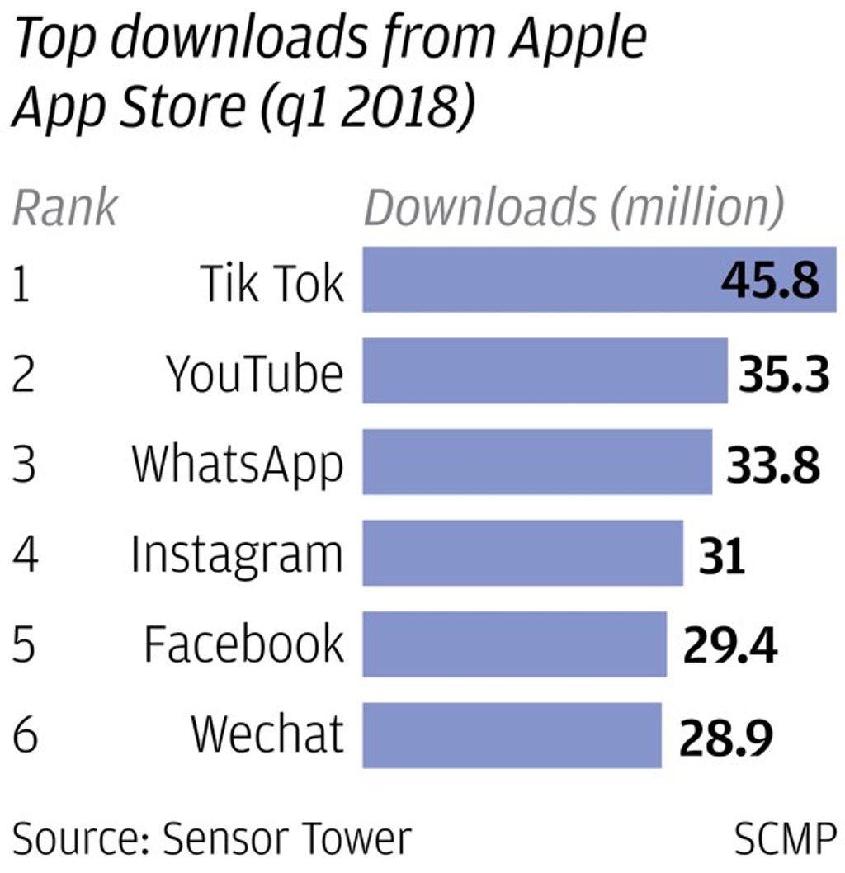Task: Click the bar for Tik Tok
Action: pyautogui.click(x=536, y=279)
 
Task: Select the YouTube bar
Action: pyautogui.click(x=545, y=370)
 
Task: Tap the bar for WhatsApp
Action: pyautogui.click(x=536, y=461)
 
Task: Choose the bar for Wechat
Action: pyautogui.click(x=512, y=735)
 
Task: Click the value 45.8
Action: pyautogui.click(x=770, y=281)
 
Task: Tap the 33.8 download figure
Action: pyautogui.click(x=773, y=465)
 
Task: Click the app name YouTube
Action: pyautogui.click(x=255, y=373)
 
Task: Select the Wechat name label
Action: pyautogui.click(x=267, y=733)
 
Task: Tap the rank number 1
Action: pyautogui.click(x=21, y=285)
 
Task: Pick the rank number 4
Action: pyautogui.click(x=24, y=555)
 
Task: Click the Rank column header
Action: pyautogui.click(x=65, y=208)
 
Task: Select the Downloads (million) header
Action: pyautogui.click(x=574, y=208)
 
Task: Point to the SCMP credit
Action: pyautogui.click(x=784, y=840)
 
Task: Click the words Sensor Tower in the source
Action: pyautogui.click(x=286, y=840)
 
